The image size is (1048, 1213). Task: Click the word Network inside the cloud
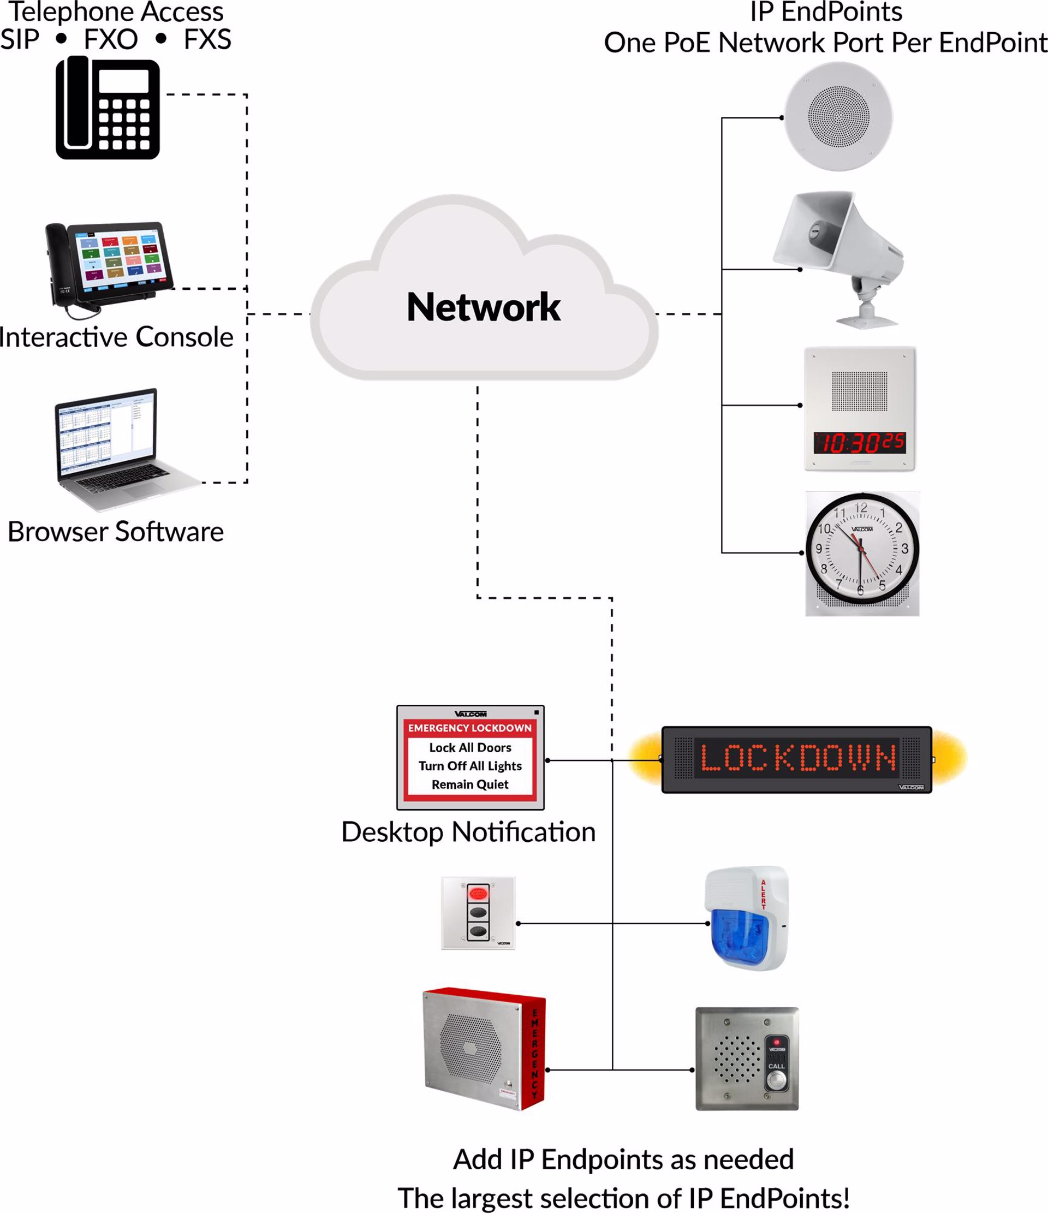[483, 307]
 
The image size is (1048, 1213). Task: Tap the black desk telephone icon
[108, 108]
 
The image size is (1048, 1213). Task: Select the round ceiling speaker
[838, 116]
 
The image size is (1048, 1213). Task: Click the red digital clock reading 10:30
[860, 443]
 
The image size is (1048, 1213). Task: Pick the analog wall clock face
[861, 549]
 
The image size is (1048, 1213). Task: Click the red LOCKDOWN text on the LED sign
[797, 758]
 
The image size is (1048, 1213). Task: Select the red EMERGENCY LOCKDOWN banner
[469, 728]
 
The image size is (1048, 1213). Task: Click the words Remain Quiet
[470, 784]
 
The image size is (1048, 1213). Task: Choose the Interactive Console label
[116, 337]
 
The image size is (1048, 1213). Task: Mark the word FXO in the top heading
[111, 40]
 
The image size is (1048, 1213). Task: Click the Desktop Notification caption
[468, 832]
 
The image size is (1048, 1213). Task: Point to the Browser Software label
[116, 532]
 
